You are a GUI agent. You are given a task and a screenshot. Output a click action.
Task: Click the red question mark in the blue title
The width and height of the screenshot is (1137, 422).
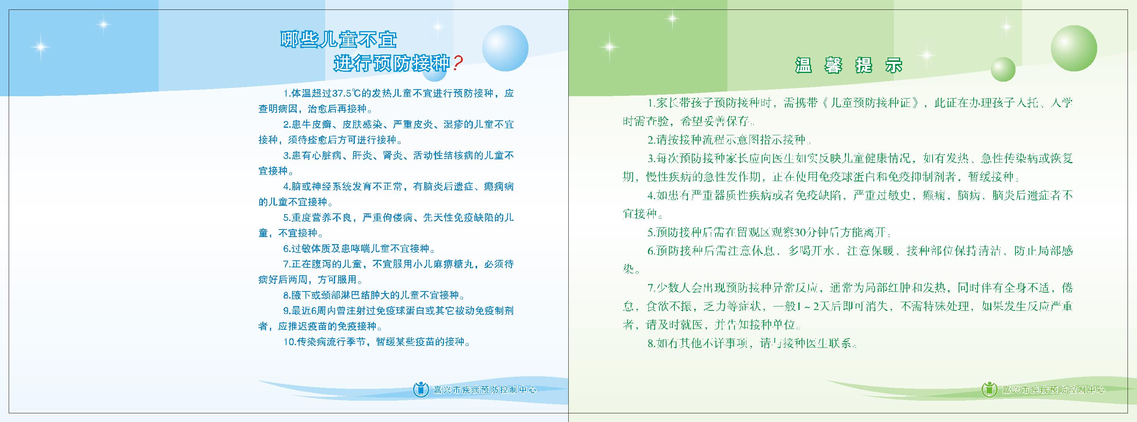(458, 63)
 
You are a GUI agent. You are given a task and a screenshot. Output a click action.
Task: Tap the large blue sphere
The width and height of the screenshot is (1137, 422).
(505, 49)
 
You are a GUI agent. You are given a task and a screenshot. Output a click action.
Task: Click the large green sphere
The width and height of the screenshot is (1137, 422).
(1073, 49)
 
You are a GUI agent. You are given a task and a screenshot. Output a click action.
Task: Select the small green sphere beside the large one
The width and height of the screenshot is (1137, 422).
(1003, 70)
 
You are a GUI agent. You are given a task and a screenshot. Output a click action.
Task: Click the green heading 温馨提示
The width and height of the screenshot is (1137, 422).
(849, 65)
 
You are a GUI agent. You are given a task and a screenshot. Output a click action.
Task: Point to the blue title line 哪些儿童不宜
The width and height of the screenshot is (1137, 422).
(339, 40)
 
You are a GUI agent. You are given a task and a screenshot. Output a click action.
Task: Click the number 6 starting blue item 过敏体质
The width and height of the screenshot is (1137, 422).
(286, 249)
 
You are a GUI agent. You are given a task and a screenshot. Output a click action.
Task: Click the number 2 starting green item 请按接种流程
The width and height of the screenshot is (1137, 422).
(651, 140)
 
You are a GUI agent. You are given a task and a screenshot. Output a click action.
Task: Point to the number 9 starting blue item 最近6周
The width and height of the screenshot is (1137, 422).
(286, 311)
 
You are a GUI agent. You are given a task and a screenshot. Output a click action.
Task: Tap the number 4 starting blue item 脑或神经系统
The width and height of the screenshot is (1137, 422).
(286, 187)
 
